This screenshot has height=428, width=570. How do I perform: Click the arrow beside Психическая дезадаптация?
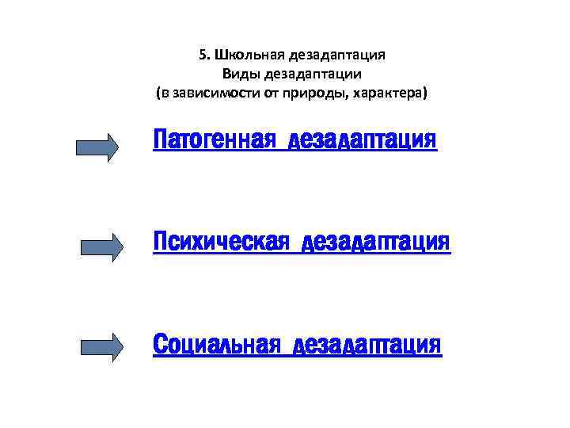tap(102, 247)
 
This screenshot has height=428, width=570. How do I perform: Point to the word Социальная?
tap(216, 345)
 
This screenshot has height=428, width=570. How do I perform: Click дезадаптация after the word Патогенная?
tap(363, 140)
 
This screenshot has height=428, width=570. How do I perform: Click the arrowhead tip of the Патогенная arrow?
tap(116, 147)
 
